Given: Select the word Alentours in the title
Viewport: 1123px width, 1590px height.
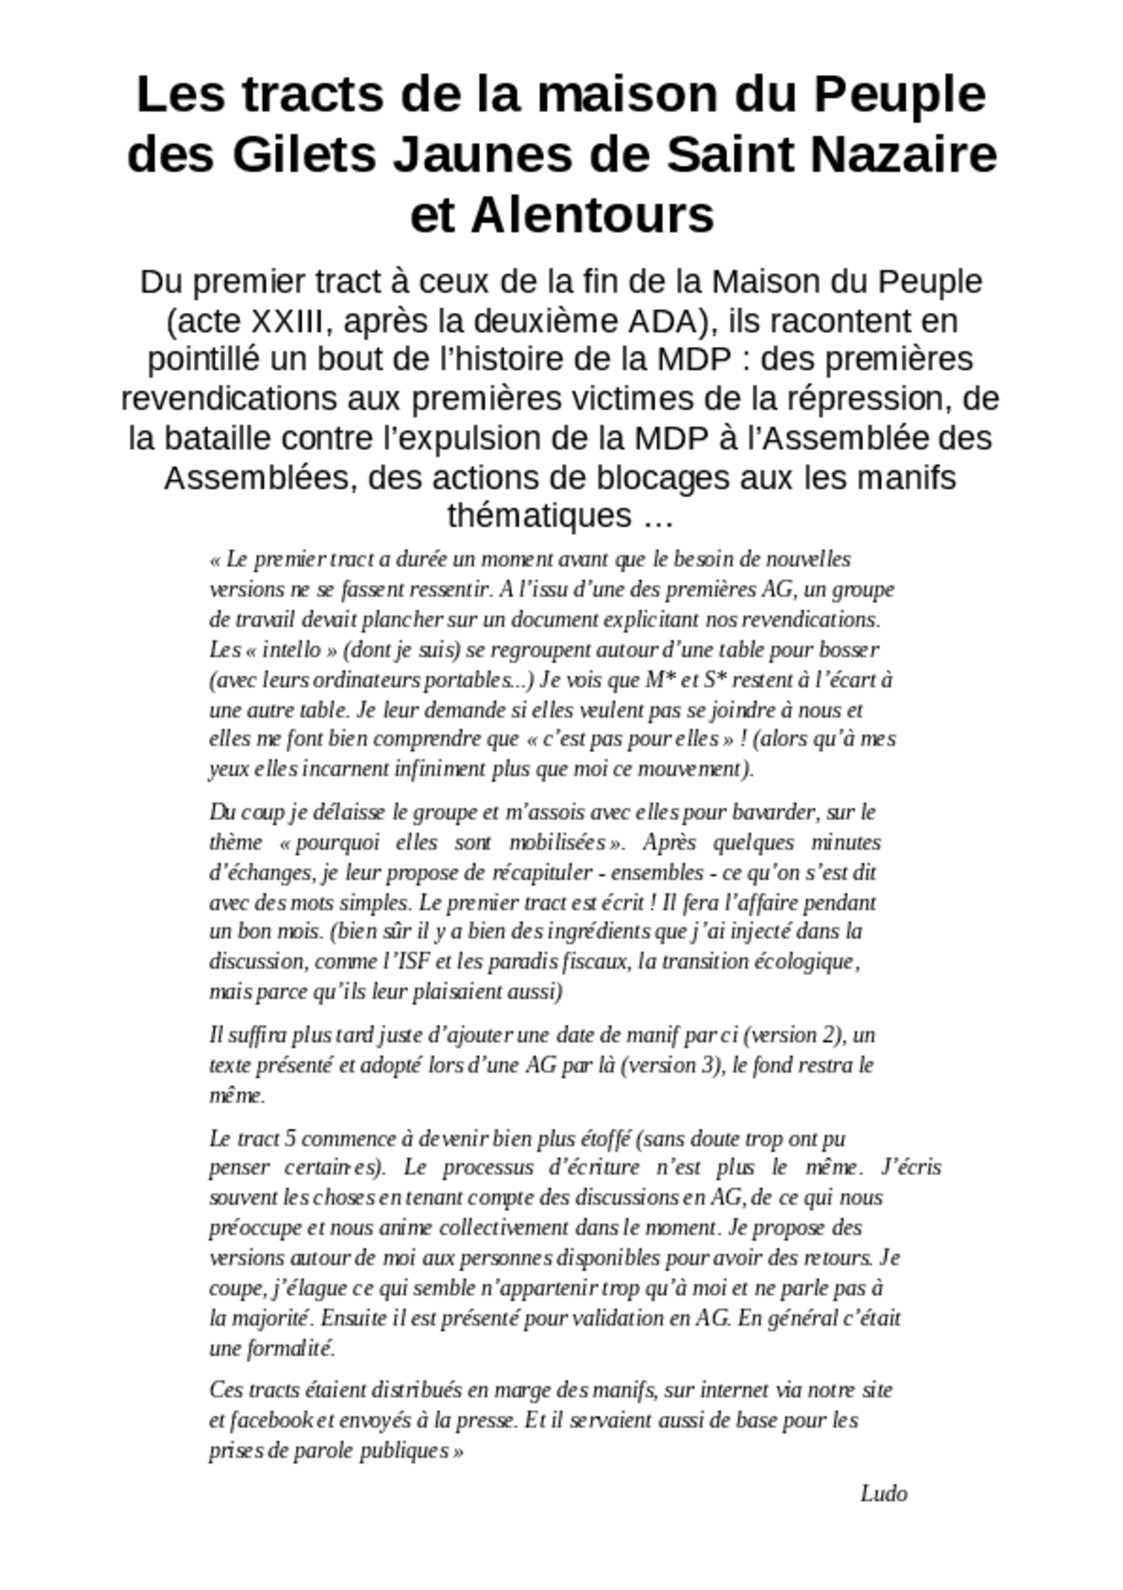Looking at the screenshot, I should (x=592, y=215).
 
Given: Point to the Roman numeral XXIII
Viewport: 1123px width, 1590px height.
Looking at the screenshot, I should (x=285, y=321).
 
